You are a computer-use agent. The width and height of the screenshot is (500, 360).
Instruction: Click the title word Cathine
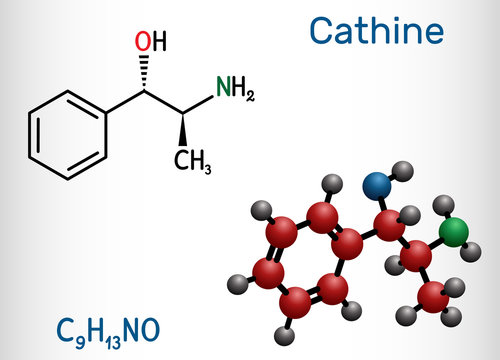pyautogui.click(x=376, y=31)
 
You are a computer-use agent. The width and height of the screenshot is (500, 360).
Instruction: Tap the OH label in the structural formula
pyautogui.click(x=151, y=42)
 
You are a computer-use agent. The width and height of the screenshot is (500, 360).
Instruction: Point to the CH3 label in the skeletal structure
pyautogui.click(x=193, y=159)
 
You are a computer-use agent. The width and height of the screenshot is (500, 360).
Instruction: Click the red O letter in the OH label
pyautogui.click(x=144, y=42)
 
